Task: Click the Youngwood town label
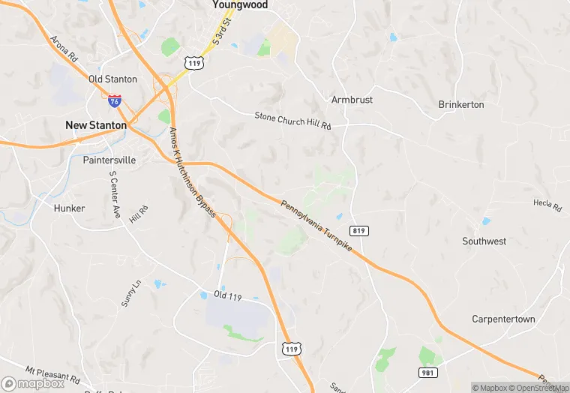pos(240,4)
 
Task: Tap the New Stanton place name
pos(96,125)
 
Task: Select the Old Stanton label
pos(112,79)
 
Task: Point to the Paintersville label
pos(109,160)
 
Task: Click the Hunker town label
pos(70,208)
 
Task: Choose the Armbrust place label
pos(352,100)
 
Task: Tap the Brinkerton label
pos(461,104)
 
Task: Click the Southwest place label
pos(484,241)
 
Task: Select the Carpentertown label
pos(503,319)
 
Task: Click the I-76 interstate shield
pos(114,100)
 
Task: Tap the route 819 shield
pos(358,231)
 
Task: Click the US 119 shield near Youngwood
pos(196,64)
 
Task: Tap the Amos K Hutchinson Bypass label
pos(193,173)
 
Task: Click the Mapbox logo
pos(33,383)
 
